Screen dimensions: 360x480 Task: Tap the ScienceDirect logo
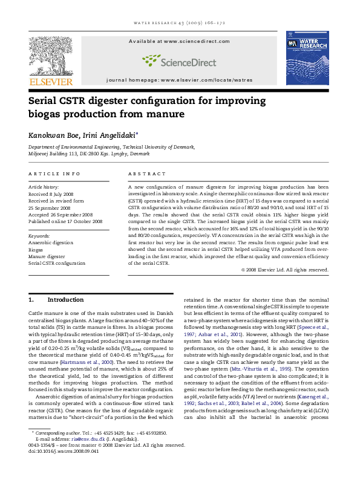[x=180, y=60]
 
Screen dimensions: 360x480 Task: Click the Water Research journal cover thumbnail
[x=310, y=57]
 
